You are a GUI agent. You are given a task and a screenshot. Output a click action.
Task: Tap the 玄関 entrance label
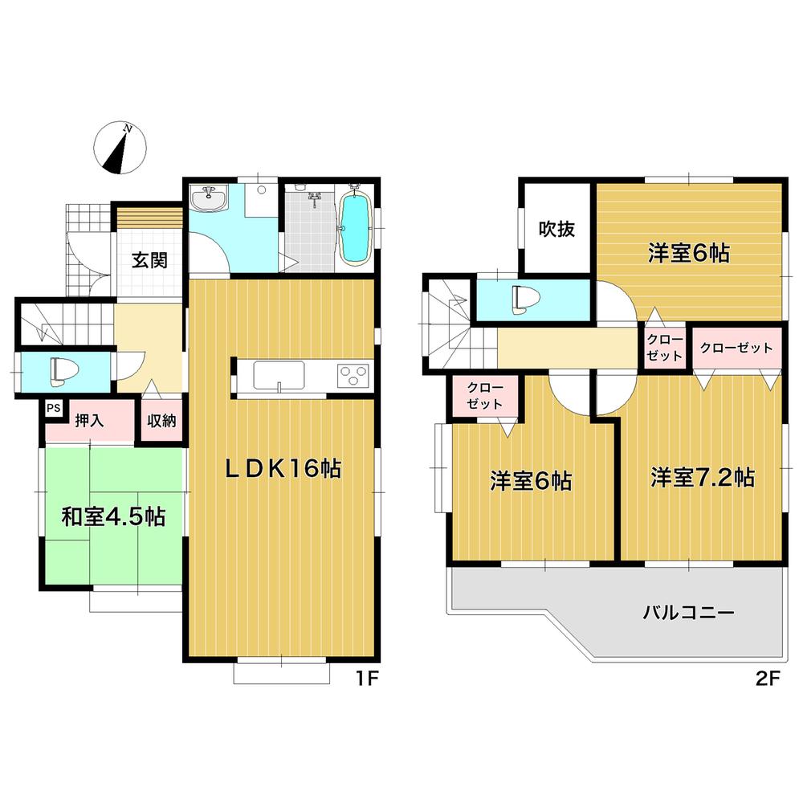[x=149, y=261]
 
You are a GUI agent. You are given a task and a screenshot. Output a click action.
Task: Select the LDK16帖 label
[x=282, y=469]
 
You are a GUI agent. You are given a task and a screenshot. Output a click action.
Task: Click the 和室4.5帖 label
[x=113, y=516]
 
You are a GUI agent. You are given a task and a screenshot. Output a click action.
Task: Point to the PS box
[x=54, y=408]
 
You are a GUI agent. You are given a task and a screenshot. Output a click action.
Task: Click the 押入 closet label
[x=90, y=420]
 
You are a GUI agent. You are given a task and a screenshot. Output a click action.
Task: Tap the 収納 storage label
[x=161, y=420]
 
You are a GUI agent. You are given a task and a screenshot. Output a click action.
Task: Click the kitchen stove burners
[x=354, y=373]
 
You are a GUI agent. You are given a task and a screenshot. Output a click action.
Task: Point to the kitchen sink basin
[x=279, y=374]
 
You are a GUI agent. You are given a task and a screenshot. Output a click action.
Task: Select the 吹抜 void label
[x=556, y=229]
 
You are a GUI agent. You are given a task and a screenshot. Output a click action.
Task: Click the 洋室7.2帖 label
[x=702, y=478]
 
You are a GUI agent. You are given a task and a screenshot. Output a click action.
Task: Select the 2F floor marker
[x=767, y=679]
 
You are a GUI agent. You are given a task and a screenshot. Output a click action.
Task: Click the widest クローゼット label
[x=736, y=349]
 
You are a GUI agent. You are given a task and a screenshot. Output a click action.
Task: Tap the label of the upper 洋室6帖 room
[x=688, y=254]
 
